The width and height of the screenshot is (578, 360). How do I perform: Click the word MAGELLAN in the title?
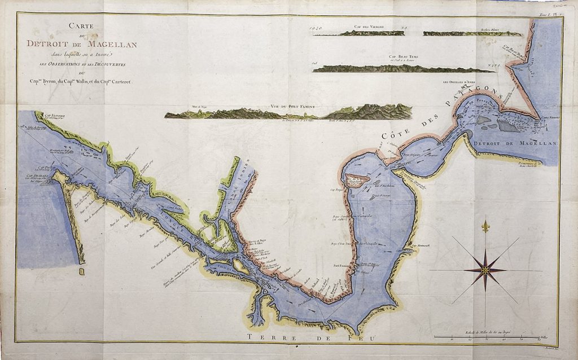[115, 44]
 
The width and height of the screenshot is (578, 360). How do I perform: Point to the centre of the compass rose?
[484, 270]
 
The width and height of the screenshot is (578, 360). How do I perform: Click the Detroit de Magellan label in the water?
[515, 143]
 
